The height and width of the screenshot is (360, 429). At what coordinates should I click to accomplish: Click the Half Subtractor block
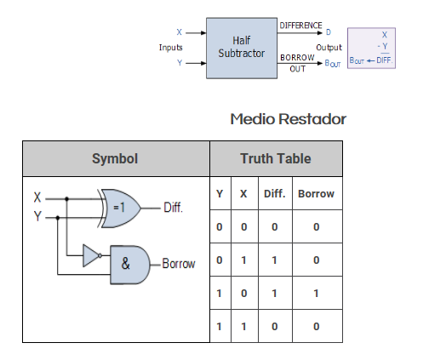pos(242,48)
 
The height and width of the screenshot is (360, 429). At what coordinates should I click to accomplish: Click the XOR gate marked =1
pos(119,209)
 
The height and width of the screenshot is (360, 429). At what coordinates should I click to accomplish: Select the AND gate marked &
pos(130,265)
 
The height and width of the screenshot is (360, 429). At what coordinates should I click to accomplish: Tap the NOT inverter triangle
pos(92,255)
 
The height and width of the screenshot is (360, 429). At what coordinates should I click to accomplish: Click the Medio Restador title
pos(288,119)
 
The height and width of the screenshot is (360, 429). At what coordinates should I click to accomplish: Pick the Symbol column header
pos(115,158)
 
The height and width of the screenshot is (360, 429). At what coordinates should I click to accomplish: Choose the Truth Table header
pos(276,158)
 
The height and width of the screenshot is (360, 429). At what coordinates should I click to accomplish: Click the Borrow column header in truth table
pos(316,194)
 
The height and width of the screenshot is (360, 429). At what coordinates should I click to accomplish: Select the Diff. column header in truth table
pos(275,194)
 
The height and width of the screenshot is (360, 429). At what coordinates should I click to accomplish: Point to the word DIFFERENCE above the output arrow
pos(300,26)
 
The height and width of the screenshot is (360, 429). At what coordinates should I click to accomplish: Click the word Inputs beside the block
pos(170,48)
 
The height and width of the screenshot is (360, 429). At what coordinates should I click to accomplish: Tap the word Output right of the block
pos(329,48)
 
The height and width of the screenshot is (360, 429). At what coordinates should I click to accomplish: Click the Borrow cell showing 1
pos(316,294)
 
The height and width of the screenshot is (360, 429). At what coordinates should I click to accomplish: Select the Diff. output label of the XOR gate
pos(173,208)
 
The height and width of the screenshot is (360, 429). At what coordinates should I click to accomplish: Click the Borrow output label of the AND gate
pos(179,264)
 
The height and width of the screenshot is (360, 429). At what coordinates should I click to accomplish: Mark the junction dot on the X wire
pos(66,199)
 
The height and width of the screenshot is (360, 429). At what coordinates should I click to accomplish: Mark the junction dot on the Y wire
pos(58,218)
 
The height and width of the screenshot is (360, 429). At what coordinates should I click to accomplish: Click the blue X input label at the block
pos(179,32)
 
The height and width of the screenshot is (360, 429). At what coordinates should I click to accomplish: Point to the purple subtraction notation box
pos(371,48)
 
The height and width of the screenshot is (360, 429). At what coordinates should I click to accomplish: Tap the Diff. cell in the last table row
pos(275,327)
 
